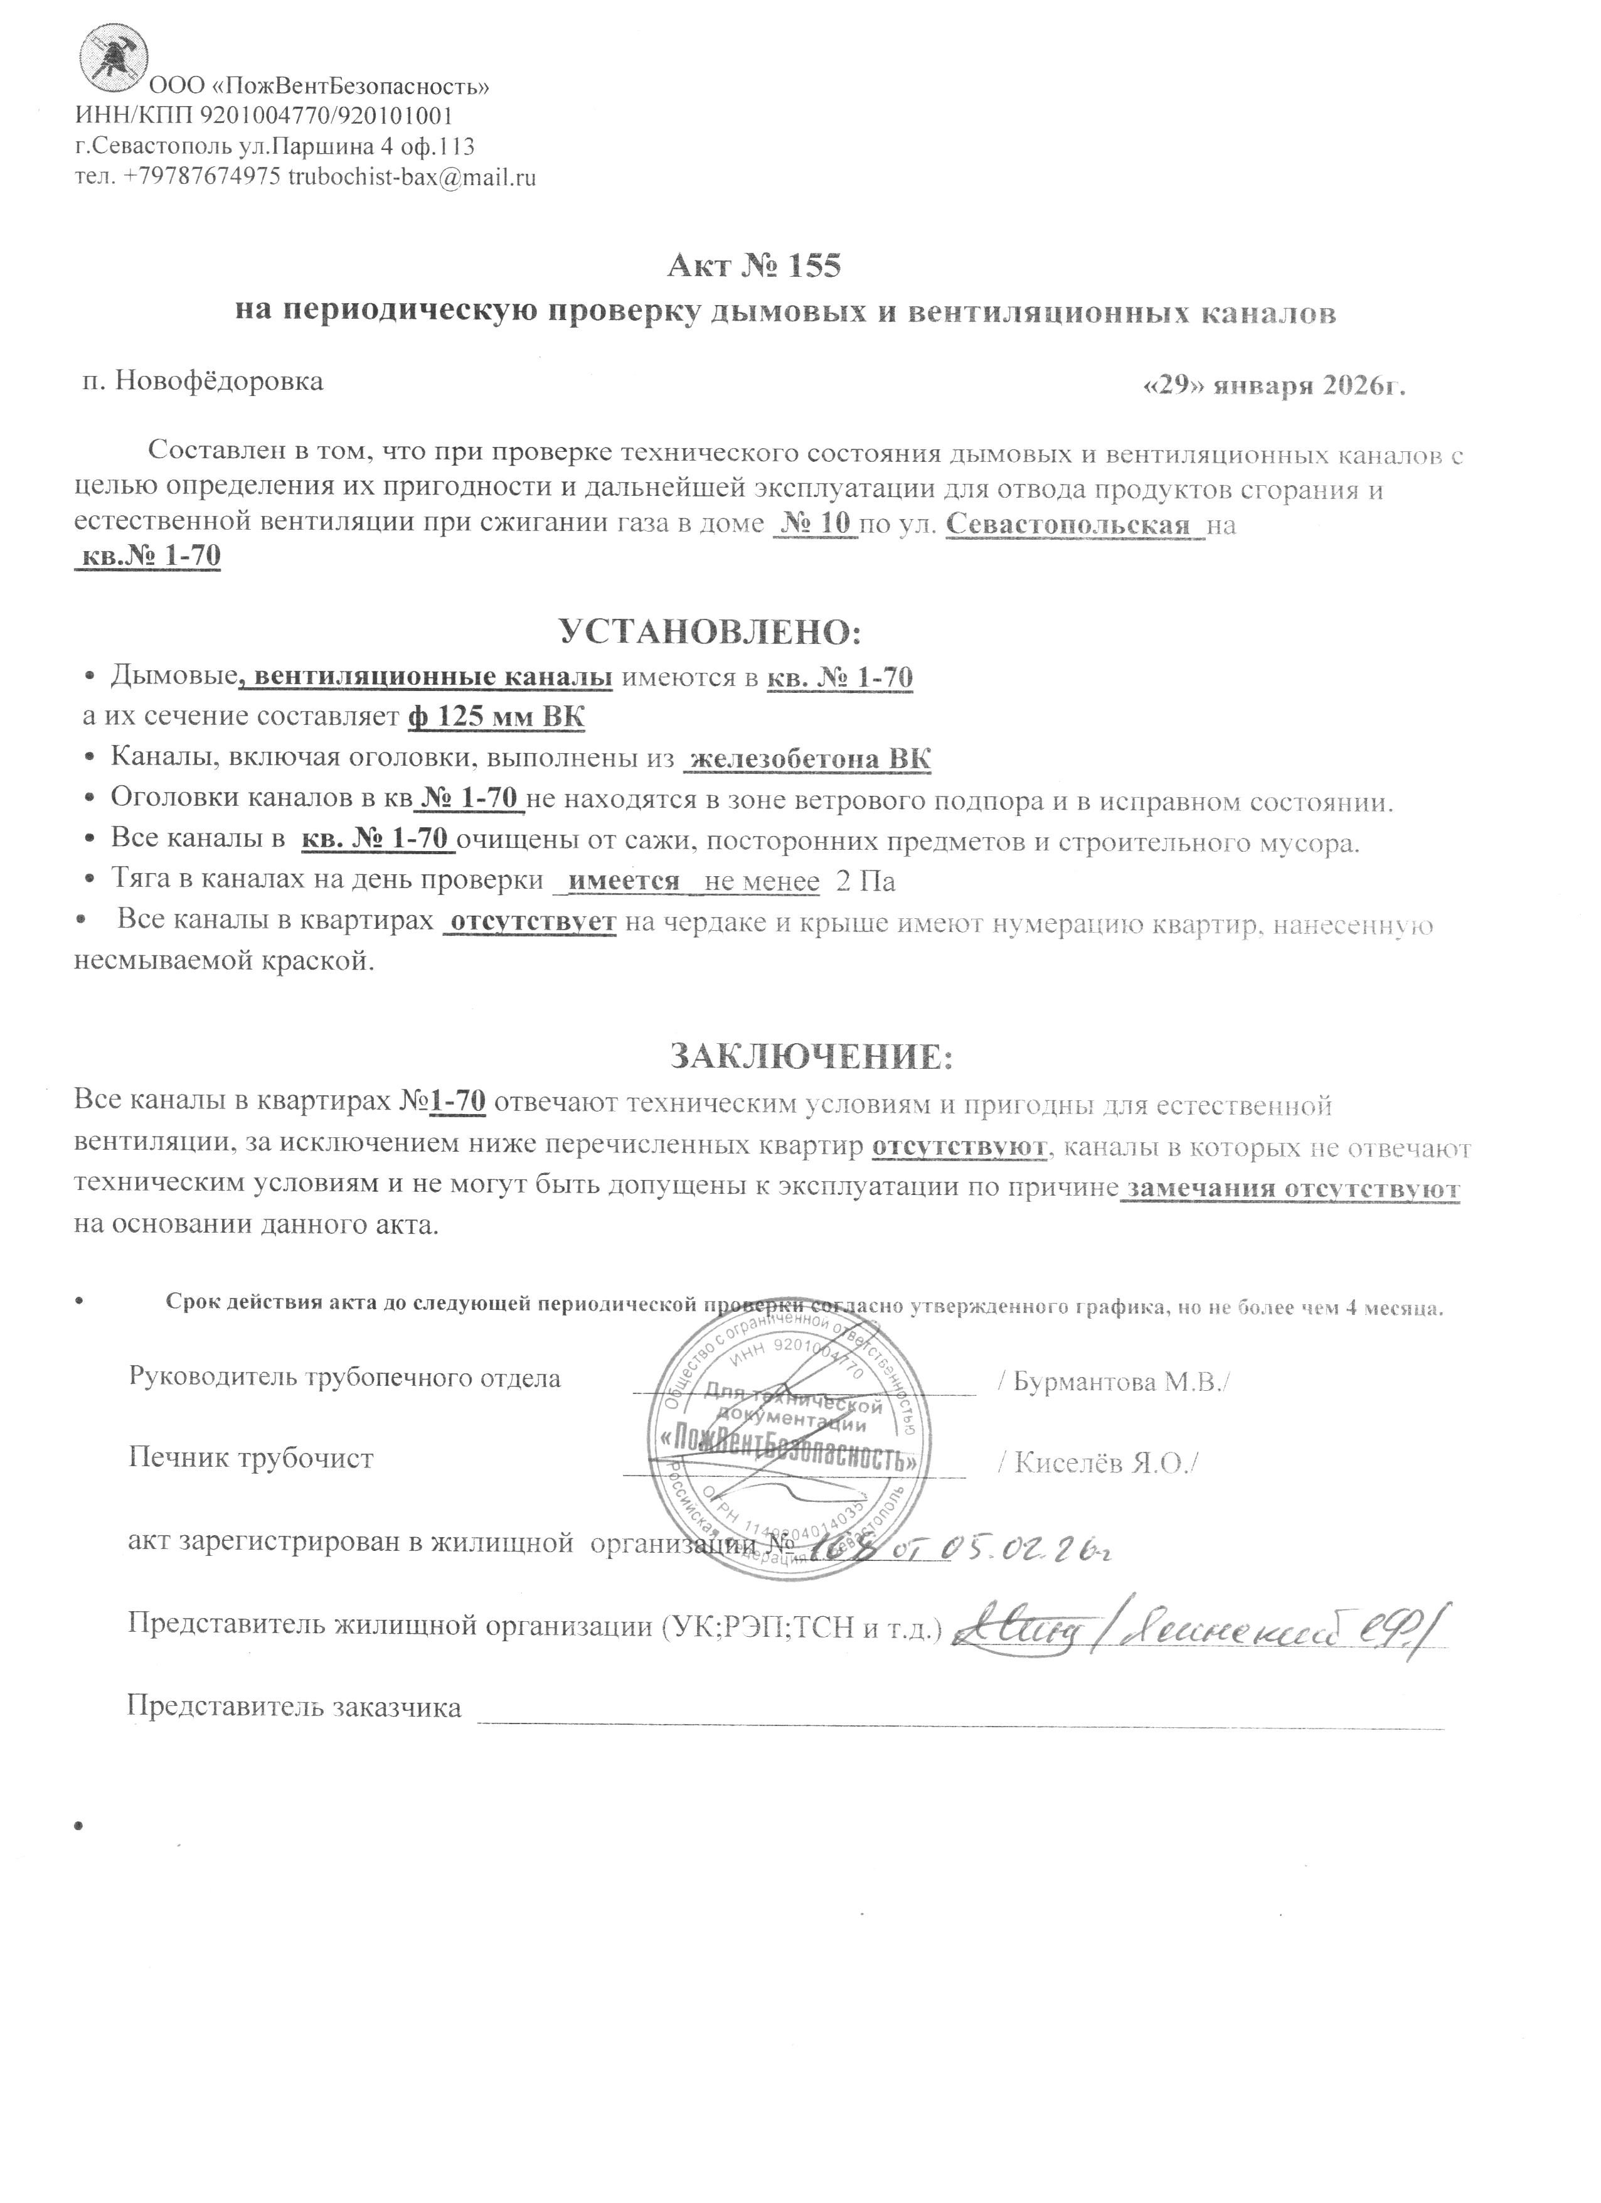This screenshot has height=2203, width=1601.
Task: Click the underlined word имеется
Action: (x=624, y=881)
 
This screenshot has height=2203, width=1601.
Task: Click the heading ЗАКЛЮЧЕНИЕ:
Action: (x=812, y=1055)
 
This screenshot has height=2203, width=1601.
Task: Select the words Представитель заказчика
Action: (x=294, y=1707)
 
